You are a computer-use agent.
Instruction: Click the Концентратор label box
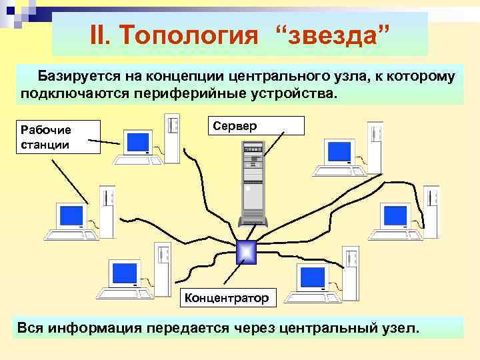point(227,298)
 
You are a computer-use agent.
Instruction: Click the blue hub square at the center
point(246,252)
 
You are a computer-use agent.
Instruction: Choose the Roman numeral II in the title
point(99,35)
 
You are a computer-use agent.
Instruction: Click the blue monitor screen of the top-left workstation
point(139,142)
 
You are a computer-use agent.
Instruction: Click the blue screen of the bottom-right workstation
point(312,277)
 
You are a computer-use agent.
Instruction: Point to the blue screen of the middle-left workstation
point(71,215)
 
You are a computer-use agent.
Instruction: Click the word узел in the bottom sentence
point(397,328)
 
